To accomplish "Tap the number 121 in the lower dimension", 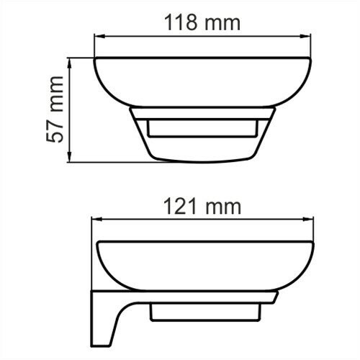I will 178,207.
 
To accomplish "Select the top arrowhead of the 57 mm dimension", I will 70,63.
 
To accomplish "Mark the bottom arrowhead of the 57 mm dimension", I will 70,159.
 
